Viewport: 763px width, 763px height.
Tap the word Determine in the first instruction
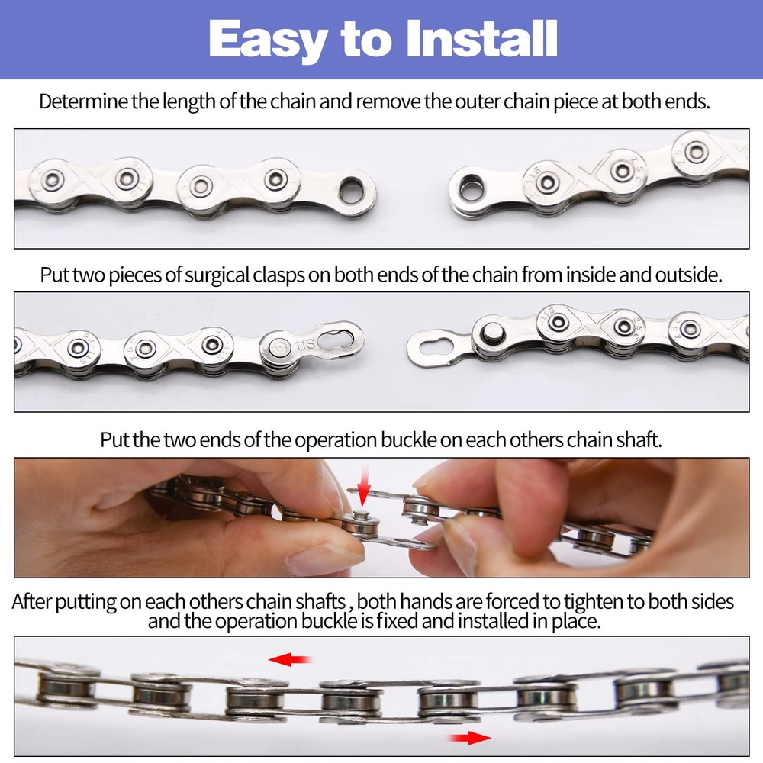[83, 101]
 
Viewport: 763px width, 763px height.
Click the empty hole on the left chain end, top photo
[352, 189]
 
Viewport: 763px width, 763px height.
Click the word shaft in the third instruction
[638, 440]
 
